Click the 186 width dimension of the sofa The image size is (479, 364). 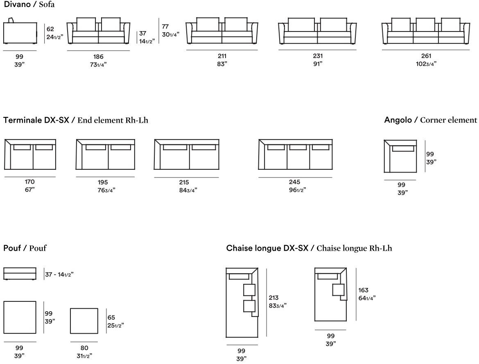tap(98, 57)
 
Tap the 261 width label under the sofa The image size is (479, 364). tap(426, 56)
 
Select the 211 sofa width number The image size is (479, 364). tap(222, 56)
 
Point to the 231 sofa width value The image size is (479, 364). tap(318, 56)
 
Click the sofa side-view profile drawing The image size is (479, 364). tap(20, 33)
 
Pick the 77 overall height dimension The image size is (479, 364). tap(165, 26)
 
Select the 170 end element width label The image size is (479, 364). tap(30, 182)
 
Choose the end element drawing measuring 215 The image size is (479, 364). tap(186, 155)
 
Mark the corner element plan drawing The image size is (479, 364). tap(400, 156)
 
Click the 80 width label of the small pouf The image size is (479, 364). tap(84, 348)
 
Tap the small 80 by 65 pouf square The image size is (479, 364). tap(84, 321)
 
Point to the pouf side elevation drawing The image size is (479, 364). tap(20, 273)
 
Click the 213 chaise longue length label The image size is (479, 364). tap(273, 298)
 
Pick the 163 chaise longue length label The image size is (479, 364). tap(363, 290)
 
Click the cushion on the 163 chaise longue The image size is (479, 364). tap(338, 290)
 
